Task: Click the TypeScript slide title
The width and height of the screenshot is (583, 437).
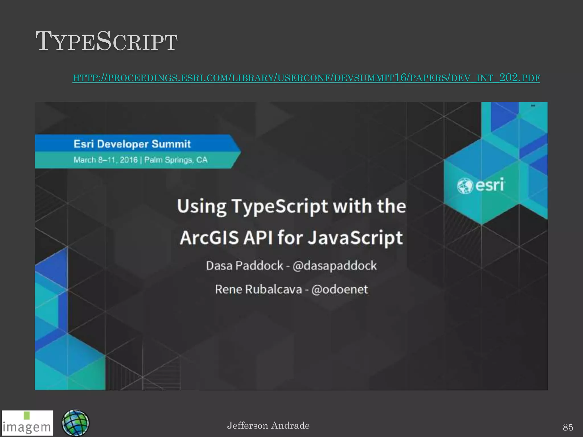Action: click(106, 42)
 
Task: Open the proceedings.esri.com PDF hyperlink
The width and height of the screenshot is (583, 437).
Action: click(306, 78)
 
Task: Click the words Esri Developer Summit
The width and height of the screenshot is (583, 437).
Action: click(132, 144)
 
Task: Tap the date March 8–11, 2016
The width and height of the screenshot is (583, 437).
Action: click(106, 160)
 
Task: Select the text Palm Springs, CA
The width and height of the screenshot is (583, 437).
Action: click(176, 160)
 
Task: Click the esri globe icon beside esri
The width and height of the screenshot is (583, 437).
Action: click(465, 186)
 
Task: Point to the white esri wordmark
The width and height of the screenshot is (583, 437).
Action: click(490, 185)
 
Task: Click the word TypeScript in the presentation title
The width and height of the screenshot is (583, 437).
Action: click(280, 206)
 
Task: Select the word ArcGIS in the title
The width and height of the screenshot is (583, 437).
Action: click(209, 238)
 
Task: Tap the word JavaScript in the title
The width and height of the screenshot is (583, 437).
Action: click(356, 238)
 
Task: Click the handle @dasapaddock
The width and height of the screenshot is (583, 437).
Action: click(334, 266)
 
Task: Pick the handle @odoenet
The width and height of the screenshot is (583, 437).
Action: click(339, 289)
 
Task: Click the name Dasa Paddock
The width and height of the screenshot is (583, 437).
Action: click(245, 266)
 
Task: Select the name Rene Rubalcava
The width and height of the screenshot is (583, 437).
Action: click(258, 289)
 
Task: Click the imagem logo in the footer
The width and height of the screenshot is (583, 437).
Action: click(27, 423)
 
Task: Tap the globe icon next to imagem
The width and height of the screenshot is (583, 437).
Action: click(75, 423)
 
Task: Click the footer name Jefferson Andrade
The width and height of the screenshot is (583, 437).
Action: click(268, 426)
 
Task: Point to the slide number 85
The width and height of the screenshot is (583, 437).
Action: click(568, 427)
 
